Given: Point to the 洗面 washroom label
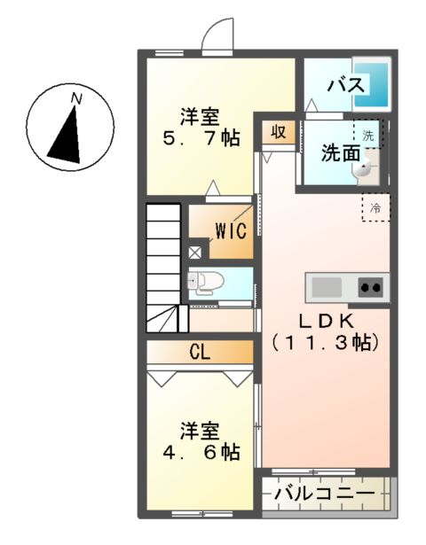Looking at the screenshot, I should (x=341, y=152).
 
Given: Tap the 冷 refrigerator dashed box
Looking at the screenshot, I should (x=375, y=209).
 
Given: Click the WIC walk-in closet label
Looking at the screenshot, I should (x=229, y=231).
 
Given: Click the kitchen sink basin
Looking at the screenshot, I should (x=326, y=288).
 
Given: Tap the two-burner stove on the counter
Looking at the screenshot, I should (x=370, y=287).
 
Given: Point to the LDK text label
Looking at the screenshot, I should (x=327, y=320).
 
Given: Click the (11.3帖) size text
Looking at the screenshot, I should (x=327, y=341).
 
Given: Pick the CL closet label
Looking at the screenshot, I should (x=199, y=352).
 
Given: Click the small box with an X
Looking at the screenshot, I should (x=194, y=252).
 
